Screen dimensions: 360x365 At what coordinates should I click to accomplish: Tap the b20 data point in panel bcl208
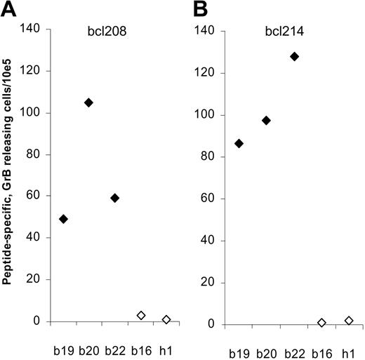pyautogui.click(x=88, y=102)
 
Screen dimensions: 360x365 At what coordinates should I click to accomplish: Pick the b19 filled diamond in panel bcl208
pyautogui.click(x=63, y=219)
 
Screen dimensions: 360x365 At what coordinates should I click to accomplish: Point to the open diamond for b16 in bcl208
pyautogui.click(x=140, y=316)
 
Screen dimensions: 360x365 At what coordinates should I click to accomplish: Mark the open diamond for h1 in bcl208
pyautogui.click(x=166, y=319)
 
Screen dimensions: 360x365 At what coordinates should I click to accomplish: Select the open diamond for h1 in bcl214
pyautogui.click(x=347, y=321)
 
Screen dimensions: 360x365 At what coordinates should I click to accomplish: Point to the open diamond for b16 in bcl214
pyautogui.click(x=321, y=323)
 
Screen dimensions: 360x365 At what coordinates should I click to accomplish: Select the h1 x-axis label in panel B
pyautogui.click(x=347, y=348)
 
